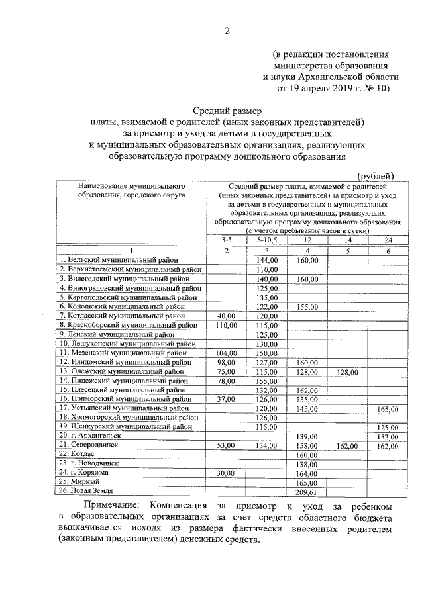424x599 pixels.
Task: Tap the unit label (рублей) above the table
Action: (376, 175)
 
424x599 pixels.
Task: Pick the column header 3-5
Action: (227, 240)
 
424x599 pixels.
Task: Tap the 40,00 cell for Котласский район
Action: (227, 316)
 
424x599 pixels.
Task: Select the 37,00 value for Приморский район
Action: (227, 399)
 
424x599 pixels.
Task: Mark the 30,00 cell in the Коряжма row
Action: (227, 473)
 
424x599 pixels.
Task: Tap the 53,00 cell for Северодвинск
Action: (227, 445)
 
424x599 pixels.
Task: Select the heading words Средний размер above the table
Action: (227, 110)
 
